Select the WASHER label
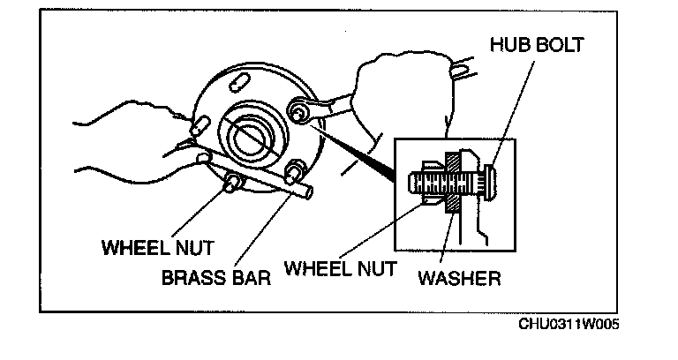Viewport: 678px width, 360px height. pos(459,279)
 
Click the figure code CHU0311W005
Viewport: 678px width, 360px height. pos(569,324)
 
